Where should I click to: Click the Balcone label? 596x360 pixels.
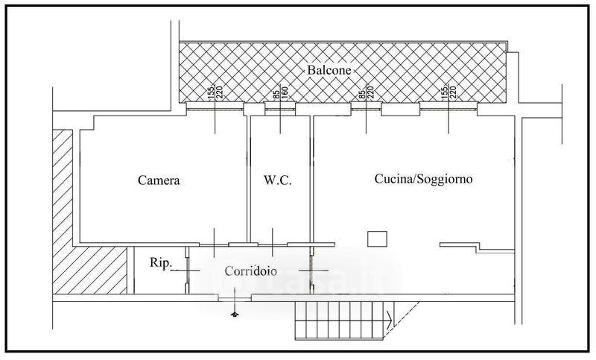click(x=329, y=70)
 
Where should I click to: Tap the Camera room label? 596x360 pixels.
click(x=159, y=180)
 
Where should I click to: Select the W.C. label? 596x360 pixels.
click(x=277, y=180)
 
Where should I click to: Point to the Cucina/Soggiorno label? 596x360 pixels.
click(x=423, y=179)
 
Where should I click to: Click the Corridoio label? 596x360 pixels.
click(x=250, y=271)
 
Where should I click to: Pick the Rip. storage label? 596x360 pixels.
click(x=161, y=262)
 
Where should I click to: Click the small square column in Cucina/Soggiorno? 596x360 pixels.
click(x=377, y=239)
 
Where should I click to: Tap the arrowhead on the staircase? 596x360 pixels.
click(x=390, y=320)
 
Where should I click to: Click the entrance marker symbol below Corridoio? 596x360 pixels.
click(x=235, y=313)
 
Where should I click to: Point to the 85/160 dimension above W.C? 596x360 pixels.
click(x=281, y=93)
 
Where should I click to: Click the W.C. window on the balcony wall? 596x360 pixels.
click(x=280, y=109)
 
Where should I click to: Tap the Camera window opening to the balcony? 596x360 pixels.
click(x=215, y=109)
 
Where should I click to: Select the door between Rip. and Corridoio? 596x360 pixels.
click(x=187, y=271)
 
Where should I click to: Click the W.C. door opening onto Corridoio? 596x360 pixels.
click(x=272, y=244)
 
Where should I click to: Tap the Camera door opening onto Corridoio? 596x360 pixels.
click(x=214, y=244)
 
